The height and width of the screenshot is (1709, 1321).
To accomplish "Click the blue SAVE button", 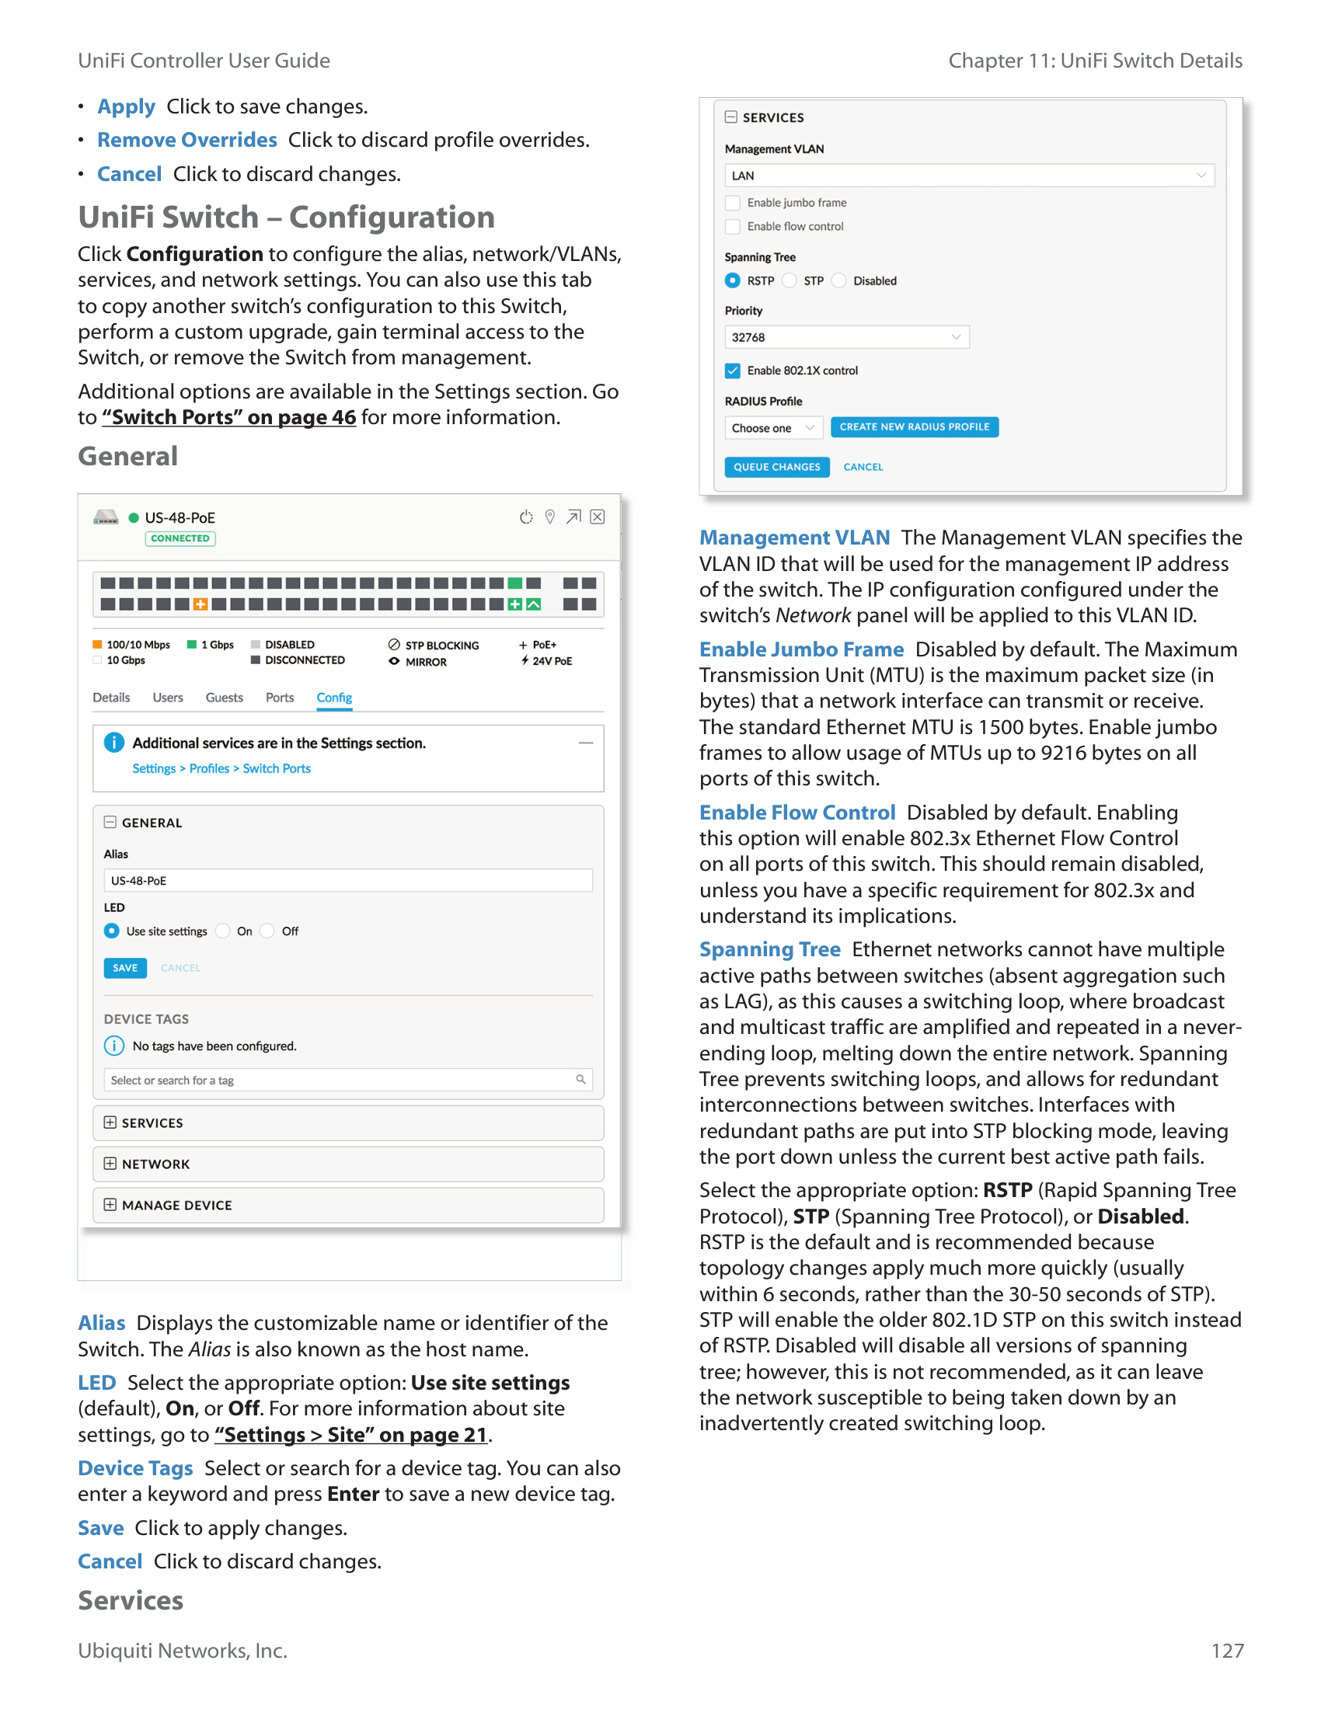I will coord(124,968).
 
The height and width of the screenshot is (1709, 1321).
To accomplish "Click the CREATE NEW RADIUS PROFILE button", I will coord(913,427).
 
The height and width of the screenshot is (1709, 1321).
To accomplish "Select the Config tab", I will coord(334,698).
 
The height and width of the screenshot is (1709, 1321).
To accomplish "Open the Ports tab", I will coord(280,698).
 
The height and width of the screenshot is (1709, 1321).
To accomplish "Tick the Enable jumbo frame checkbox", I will coord(733,204).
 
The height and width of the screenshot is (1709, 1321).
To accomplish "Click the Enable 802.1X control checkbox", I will coord(733,371).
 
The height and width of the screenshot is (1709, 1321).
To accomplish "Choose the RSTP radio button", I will coord(733,281).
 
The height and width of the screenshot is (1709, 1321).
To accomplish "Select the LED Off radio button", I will coord(267,931).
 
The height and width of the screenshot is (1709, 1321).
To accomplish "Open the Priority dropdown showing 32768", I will coord(846,337).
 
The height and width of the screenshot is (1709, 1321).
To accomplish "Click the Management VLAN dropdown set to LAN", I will coord(968,176).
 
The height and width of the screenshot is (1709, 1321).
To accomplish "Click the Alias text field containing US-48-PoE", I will coord(347,880).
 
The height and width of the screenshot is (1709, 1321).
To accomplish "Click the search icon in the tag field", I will coord(580,1080).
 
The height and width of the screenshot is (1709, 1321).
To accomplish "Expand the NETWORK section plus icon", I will coord(110,1164).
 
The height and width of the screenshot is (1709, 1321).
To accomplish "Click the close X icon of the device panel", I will coord(597,517).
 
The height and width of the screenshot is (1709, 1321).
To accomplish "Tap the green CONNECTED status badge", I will coord(180,538).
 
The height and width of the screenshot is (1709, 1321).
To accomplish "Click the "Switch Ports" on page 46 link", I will coord(228,417).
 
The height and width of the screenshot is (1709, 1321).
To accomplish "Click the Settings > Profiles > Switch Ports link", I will coord(221,768).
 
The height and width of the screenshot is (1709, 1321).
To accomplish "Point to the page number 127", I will coord(1226,1650).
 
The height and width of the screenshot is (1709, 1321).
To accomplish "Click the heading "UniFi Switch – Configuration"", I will coord(287,218).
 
